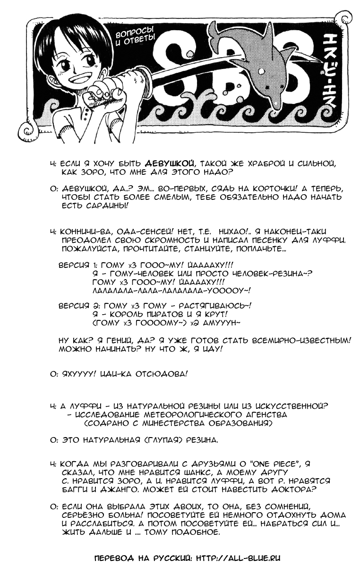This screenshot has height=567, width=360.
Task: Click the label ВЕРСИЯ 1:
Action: click(x=77, y=266)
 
